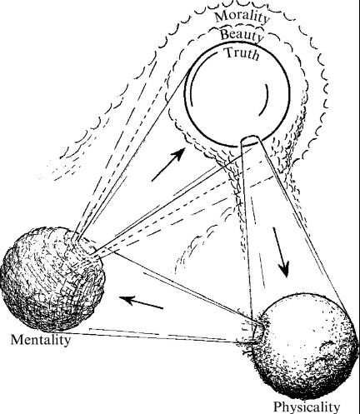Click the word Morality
pos(242,17)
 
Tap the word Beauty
pos(241,36)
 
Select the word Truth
pos(242,53)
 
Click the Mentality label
pos(41,340)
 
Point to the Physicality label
pos(307,407)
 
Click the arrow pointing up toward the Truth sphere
pos(168,165)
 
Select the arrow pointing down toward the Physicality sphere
pos(281,252)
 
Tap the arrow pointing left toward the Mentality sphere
pos(141,302)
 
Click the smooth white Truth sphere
pos(237,94)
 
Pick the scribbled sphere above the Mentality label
pos(52,279)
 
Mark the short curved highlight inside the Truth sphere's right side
pos(264,99)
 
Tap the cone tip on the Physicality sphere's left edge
pos(257,332)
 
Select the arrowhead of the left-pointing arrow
pos(127,300)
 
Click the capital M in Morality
pos(222,16)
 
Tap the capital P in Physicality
pos(279,407)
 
